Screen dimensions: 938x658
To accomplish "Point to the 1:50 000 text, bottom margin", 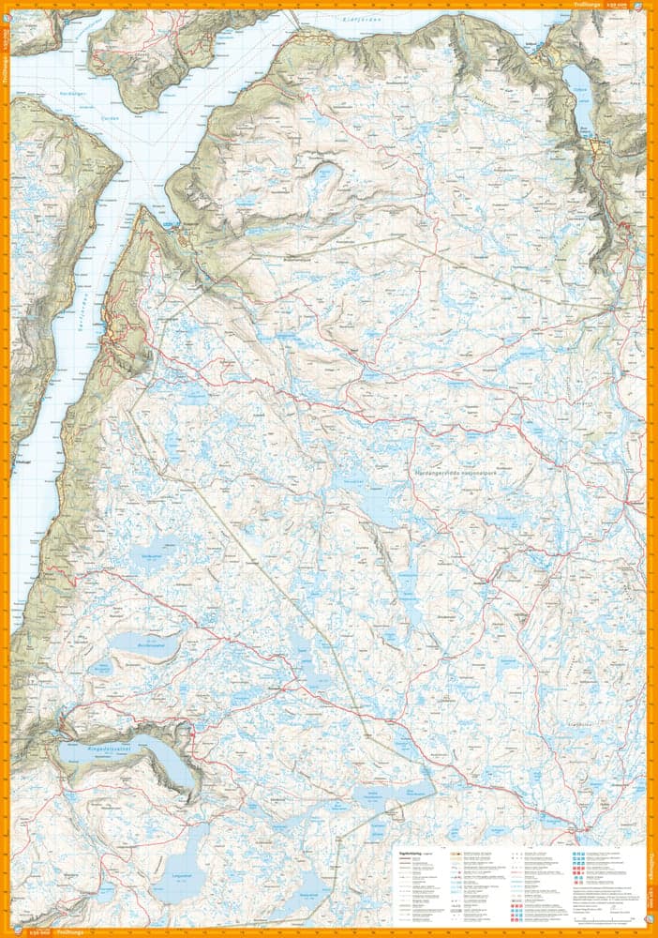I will point(39,932).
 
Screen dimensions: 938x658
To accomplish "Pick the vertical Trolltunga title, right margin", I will point(652,863).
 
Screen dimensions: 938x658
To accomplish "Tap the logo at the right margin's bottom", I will point(652,914).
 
